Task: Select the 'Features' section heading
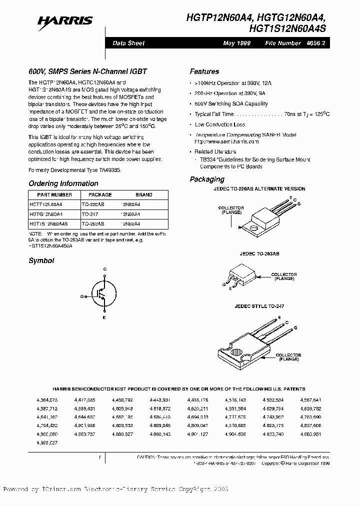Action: coord(204,72)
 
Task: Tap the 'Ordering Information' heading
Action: coord(63,183)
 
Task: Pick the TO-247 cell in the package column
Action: coord(90,213)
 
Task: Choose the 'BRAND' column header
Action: coord(144,195)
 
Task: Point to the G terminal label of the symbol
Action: coord(81,296)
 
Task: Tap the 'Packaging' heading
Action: coord(207,179)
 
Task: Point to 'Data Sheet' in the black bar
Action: coord(128,43)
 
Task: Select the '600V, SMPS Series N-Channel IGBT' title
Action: coord(87,72)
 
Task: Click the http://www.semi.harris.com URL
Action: coord(226,142)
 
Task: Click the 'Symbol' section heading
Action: coord(41,260)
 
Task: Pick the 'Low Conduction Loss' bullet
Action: coord(220,124)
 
